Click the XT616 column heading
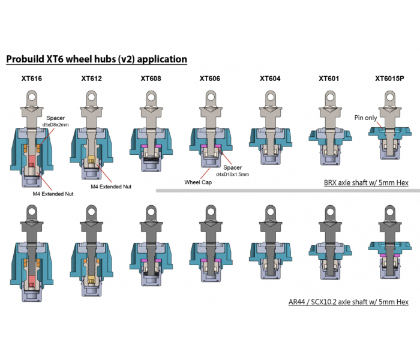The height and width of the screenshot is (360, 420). pos(32,79)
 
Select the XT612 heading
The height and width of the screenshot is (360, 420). pos(92,79)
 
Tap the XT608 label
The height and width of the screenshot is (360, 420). pos(151,79)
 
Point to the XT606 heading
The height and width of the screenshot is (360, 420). pos(210,79)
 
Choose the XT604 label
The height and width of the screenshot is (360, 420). pos(270,79)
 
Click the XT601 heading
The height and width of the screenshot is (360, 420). pos(329,79)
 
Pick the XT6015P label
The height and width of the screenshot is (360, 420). pos(389,79)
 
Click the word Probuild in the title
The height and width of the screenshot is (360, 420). pos(25,59)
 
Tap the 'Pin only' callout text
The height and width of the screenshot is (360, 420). pos(365,118)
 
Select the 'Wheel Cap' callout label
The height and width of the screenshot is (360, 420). pos(198,182)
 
